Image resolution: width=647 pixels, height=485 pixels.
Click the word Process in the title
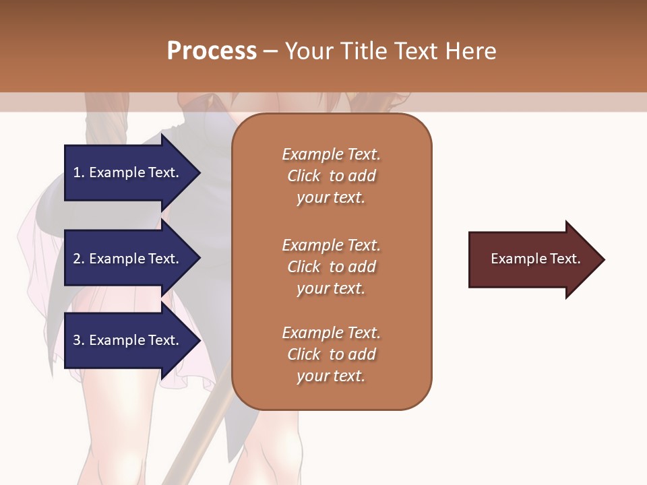point(212,51)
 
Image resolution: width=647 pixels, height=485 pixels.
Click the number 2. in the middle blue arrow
point(79,259)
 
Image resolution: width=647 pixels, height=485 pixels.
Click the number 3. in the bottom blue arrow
point(79,340)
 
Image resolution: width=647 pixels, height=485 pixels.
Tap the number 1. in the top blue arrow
point(78,172)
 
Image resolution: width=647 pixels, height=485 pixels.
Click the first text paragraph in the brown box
point(331,176)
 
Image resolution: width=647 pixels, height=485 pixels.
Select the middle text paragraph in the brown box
point(331,267)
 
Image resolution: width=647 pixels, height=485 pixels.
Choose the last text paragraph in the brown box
point(331,354)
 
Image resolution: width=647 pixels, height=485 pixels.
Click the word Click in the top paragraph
point(303,176)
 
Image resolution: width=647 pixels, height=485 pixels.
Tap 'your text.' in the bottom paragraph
point(331,376)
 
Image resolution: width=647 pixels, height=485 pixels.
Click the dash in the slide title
point(270,51)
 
